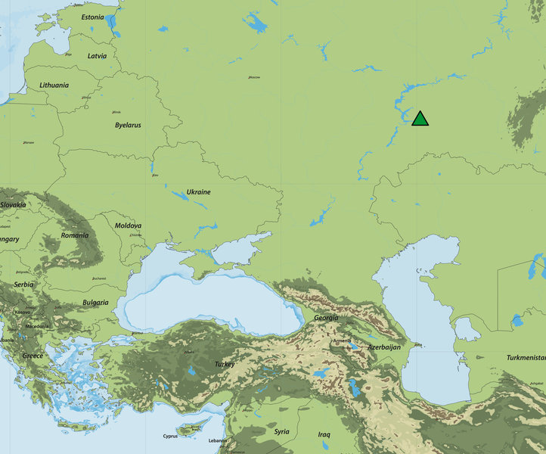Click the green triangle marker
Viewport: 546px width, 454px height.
[420, 119]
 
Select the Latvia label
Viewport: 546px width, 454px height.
[97, 55]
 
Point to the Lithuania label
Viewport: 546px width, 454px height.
[54, 85]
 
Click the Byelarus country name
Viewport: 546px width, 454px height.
[128, 125]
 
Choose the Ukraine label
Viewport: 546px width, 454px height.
[198, 192]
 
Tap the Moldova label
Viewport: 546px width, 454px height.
[128, 225]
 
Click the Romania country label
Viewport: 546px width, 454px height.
[75, 235]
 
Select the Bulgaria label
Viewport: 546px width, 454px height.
[95, 302]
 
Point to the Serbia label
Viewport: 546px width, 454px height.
[23, 285]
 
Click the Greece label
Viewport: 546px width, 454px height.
[33, 356]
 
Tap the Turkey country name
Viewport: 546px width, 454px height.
[225, 364]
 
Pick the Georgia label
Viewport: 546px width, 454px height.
[326, 318]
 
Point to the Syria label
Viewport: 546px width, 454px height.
[281, 431]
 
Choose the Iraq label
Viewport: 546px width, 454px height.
[324, 434]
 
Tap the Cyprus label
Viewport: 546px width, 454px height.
[171, 436]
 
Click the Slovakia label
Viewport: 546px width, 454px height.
[12, 205]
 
